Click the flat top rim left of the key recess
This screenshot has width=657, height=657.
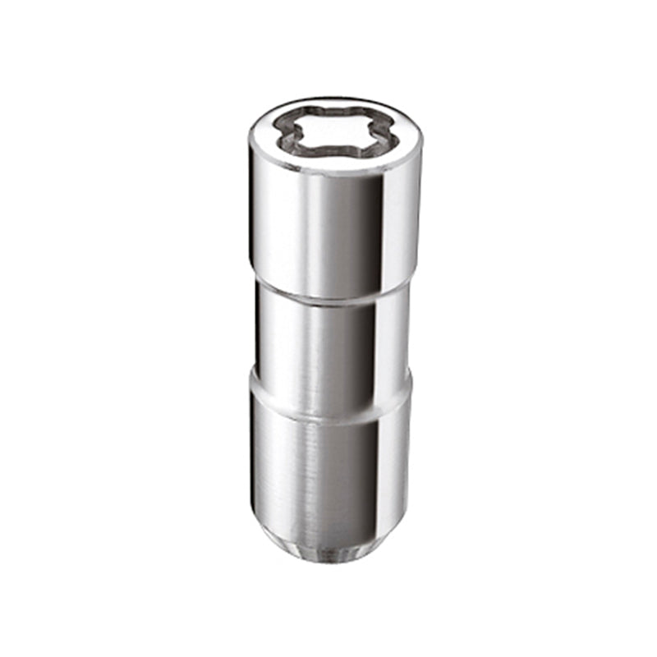point(263,136)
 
